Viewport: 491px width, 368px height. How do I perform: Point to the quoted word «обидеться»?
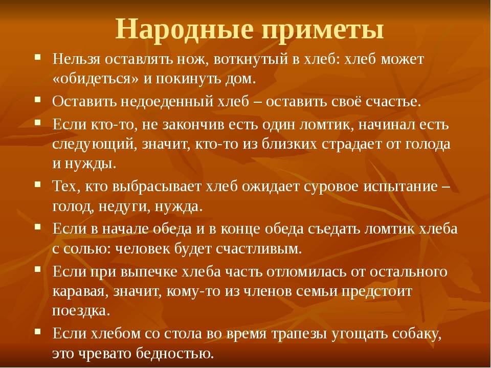tap(95, 78)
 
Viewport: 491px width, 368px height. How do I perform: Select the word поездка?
tap(81, 311)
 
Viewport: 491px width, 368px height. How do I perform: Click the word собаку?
tap(417, 334)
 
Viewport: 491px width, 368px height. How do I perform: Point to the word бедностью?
tap(175, 354)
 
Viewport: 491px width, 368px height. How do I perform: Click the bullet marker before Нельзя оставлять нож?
tap(38, 57)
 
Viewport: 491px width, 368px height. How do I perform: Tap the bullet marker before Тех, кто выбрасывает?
tap(38, 185)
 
